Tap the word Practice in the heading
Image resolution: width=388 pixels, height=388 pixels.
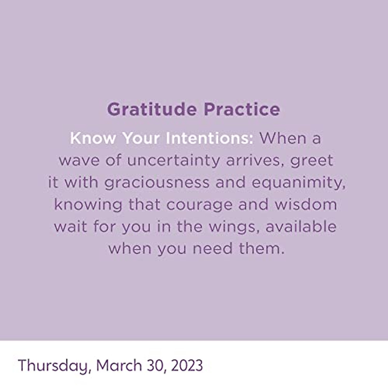coord(242,109)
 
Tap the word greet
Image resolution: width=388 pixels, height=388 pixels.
coord(312,161)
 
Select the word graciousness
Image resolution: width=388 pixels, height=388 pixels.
coord(157,183)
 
